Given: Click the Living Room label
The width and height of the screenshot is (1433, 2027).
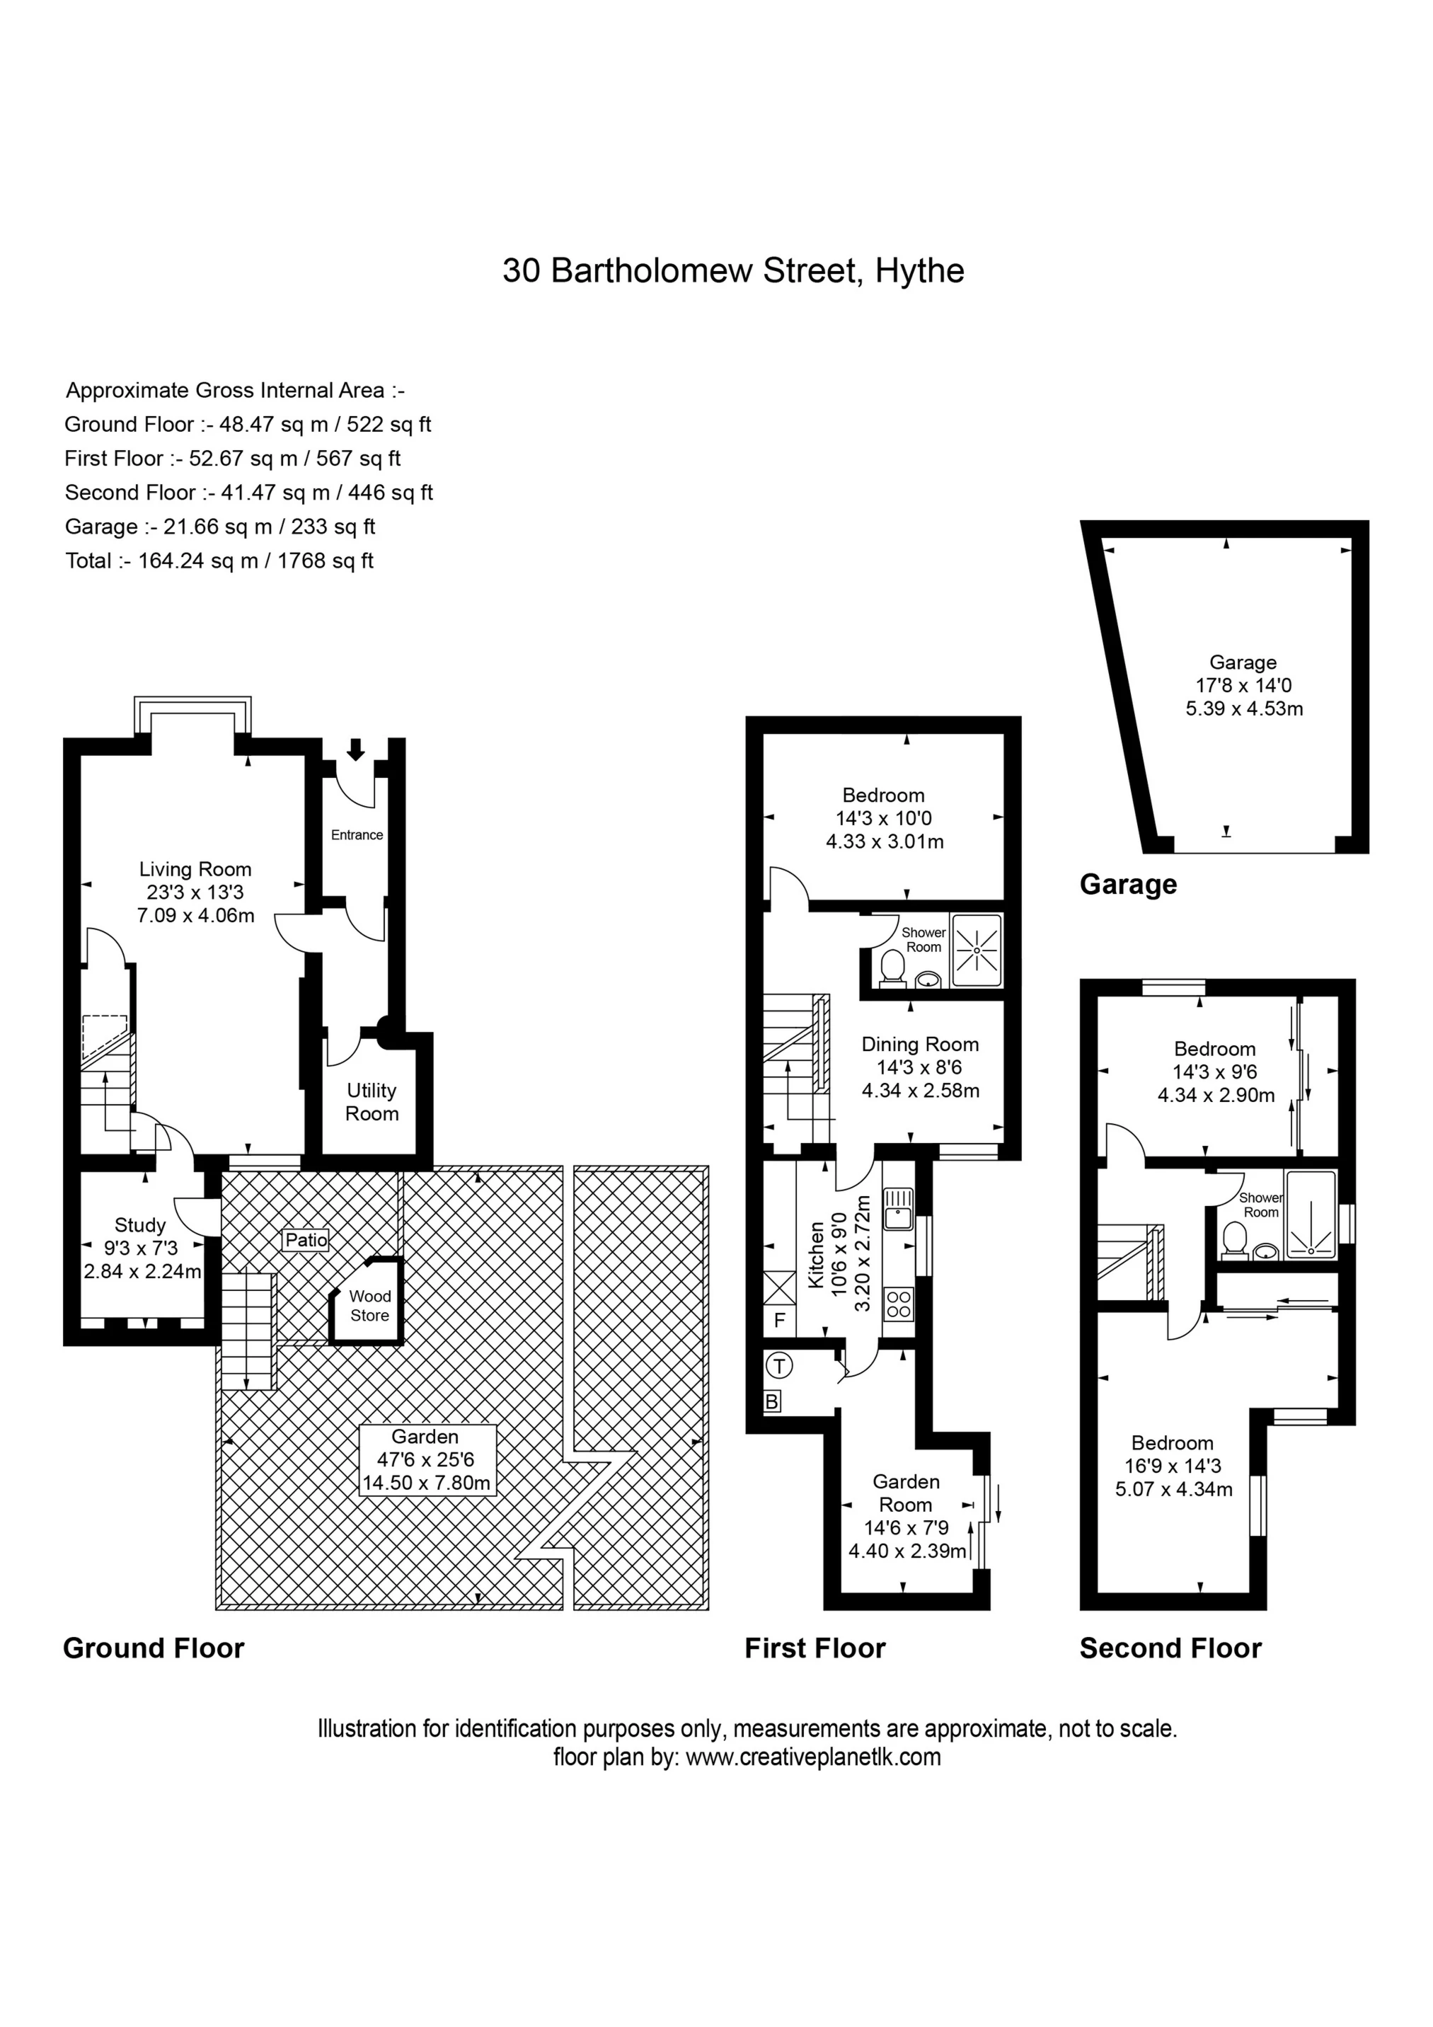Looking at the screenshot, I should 195,870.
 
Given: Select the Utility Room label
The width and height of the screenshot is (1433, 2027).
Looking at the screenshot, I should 372,1102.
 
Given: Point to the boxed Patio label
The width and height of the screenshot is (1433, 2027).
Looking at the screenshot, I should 306,1239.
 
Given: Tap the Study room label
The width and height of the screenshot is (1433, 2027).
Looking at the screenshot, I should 139,1224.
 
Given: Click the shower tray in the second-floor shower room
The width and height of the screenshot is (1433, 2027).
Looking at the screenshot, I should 1311,1214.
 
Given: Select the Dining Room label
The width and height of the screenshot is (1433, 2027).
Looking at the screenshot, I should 920,1045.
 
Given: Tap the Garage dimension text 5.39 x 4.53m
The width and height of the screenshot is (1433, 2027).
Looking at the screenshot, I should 1243,708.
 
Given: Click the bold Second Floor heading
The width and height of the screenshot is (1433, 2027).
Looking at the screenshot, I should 1170,1648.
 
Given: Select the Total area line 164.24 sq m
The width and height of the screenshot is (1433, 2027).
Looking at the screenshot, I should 219,561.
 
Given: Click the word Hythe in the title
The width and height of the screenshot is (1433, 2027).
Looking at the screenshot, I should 919,270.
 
